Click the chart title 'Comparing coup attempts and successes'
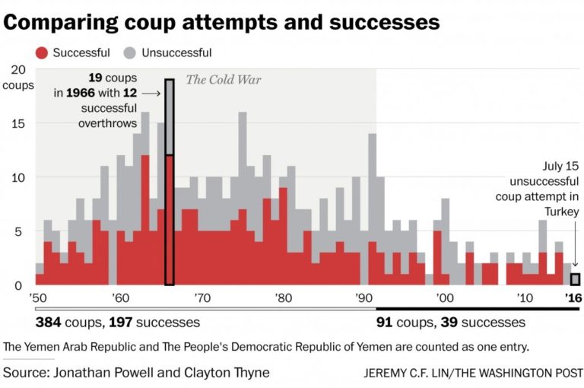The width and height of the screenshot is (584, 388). [x=221, y=21]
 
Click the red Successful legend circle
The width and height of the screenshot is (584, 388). [x=42, y=52]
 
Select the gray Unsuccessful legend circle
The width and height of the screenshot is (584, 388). [x=130, y=52]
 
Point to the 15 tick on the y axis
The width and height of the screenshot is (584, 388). [x=21, y=123]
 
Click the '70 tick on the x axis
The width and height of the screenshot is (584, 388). [x=202, y=297]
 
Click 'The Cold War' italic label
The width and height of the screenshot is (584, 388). [x=224, y=80]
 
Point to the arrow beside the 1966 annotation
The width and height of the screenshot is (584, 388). [x=151, y=94]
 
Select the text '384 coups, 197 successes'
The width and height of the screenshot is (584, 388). [x=118, y=323]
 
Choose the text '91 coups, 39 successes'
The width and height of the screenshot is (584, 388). [x=451, y=323]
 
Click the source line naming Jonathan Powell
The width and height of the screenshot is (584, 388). [x=136, y=373]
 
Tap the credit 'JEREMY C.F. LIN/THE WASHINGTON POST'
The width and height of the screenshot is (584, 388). [x=473, y=374]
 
